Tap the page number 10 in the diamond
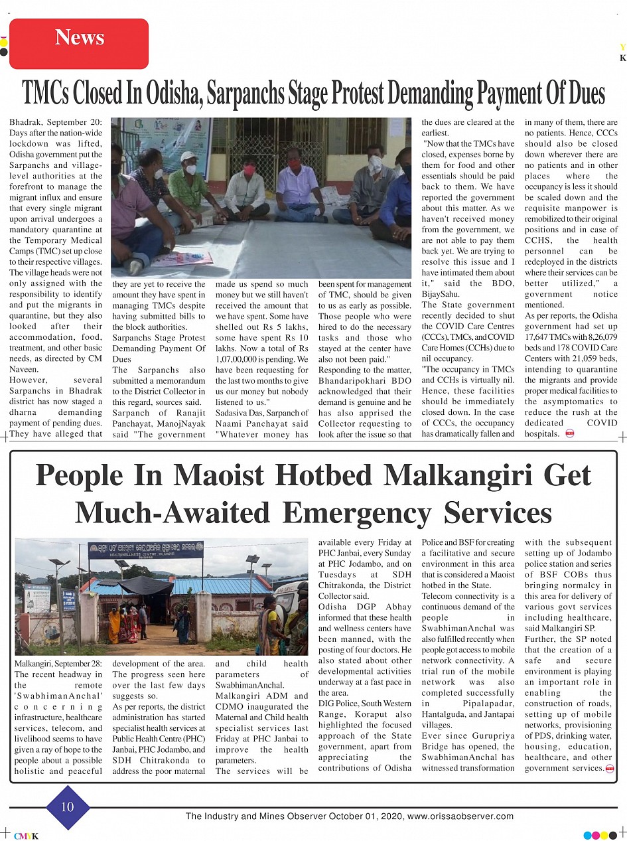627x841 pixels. (x=68, y=807)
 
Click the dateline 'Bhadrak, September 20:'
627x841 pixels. (x=56, y=123)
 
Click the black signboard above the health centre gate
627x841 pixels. (x=145, y=550)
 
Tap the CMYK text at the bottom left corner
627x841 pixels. (x=27, y=836)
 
